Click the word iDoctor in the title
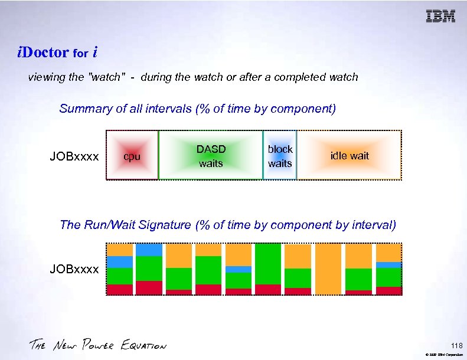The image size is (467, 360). click(x=43, y=53)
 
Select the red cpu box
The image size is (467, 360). click(x=132, y=155)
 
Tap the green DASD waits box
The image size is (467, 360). click(x=211, y=155)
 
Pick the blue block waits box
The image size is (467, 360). click(x=280, y=155)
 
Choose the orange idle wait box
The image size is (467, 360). click(x=349, y=155)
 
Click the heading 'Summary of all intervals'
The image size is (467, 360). click(x=197, y=109)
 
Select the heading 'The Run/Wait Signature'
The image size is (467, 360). click(x=228, y=225)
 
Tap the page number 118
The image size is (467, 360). click(x=456, y=345)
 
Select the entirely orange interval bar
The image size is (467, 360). click(x=328, y=269)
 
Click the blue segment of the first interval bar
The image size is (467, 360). click(x=120, y=261)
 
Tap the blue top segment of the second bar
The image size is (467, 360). click(x=149, y=250)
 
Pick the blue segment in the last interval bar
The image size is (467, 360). click(x=388, y=265)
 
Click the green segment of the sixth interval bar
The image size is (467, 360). click(x=268, y=264)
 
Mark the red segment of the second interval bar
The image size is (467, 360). click(x=149, y=287)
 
